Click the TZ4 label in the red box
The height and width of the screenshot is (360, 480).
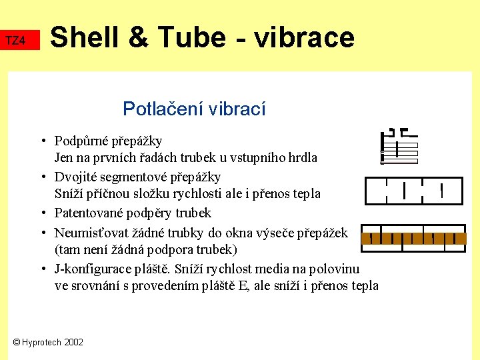point(15,41)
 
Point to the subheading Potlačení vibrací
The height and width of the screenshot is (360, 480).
point(194,108)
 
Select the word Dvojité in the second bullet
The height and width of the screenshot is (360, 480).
point(76,177)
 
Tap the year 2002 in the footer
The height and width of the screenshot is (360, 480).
point(73,342)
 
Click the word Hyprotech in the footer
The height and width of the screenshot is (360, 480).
point(41,342)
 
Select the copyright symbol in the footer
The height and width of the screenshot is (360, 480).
point(17,342)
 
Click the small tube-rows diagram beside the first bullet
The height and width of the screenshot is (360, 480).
point(399,146)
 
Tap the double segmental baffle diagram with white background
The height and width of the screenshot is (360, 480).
point(413,190)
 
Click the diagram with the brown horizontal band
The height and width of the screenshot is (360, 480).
point(413,238)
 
